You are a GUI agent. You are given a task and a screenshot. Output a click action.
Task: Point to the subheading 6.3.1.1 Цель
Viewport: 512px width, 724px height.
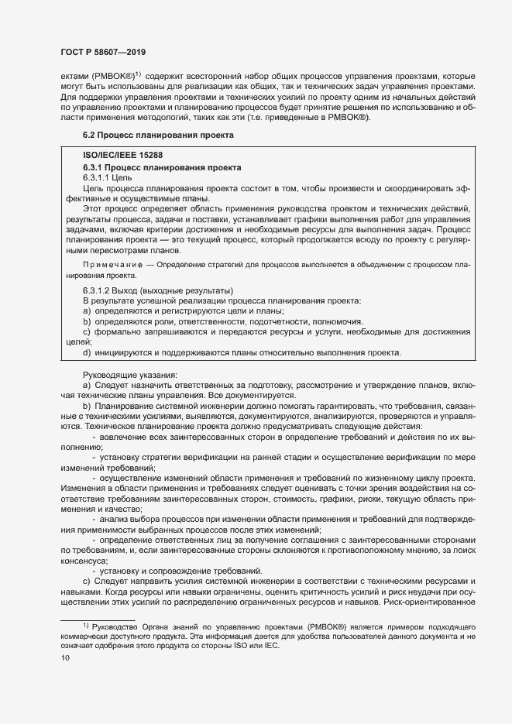108,177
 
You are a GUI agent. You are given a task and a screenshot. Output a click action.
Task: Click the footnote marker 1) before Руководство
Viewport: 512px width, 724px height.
85,625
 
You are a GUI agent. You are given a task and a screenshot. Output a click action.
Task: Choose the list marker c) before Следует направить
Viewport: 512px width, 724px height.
87,580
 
